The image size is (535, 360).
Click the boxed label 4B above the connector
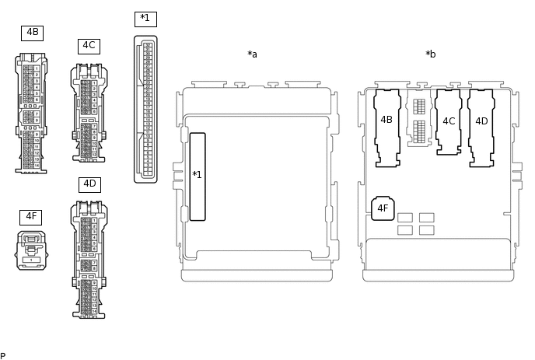click(x=32, y=33)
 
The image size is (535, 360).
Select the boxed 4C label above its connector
click(x=89, y=46)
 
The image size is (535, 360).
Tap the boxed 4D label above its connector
click(x=89, y=184)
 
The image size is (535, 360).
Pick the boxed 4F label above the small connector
click(x=30, y=217)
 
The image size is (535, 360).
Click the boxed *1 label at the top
click(x=145, y=19)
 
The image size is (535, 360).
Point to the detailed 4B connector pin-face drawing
click(x=31, y=113)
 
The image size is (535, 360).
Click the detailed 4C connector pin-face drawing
click(x=89, y=113)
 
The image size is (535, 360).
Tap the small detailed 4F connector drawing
click(x=31, y=250)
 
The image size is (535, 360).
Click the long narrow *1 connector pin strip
click(x=145, y=109)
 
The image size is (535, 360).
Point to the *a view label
click(x=252, y=54)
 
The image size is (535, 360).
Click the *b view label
click(x=431, y=54)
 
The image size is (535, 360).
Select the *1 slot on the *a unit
click(x=198, y=177)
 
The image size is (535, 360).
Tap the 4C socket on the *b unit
click(x=449, y=122)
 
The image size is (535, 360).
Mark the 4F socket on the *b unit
click(x=383, y=208)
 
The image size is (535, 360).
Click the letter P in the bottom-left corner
click(x=3, y=356)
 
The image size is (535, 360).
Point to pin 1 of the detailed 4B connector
click(x=37, y=68)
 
